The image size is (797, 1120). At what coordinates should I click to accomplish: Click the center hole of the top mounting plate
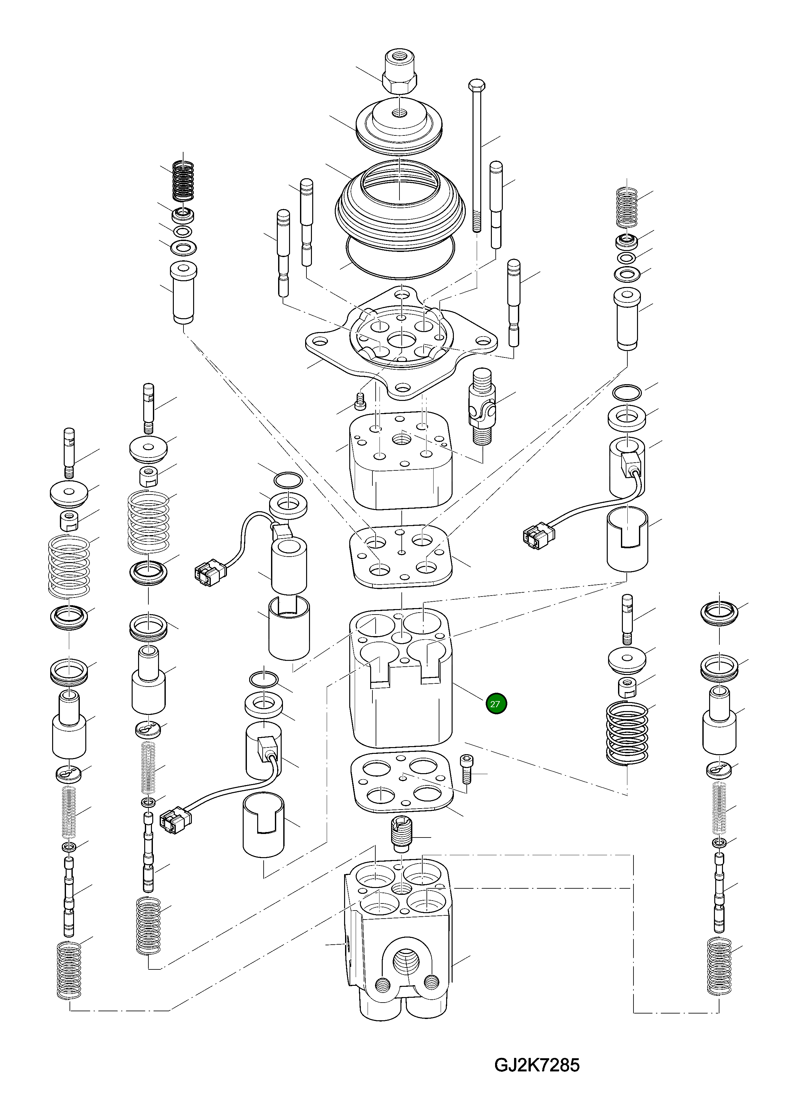point(401,339)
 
